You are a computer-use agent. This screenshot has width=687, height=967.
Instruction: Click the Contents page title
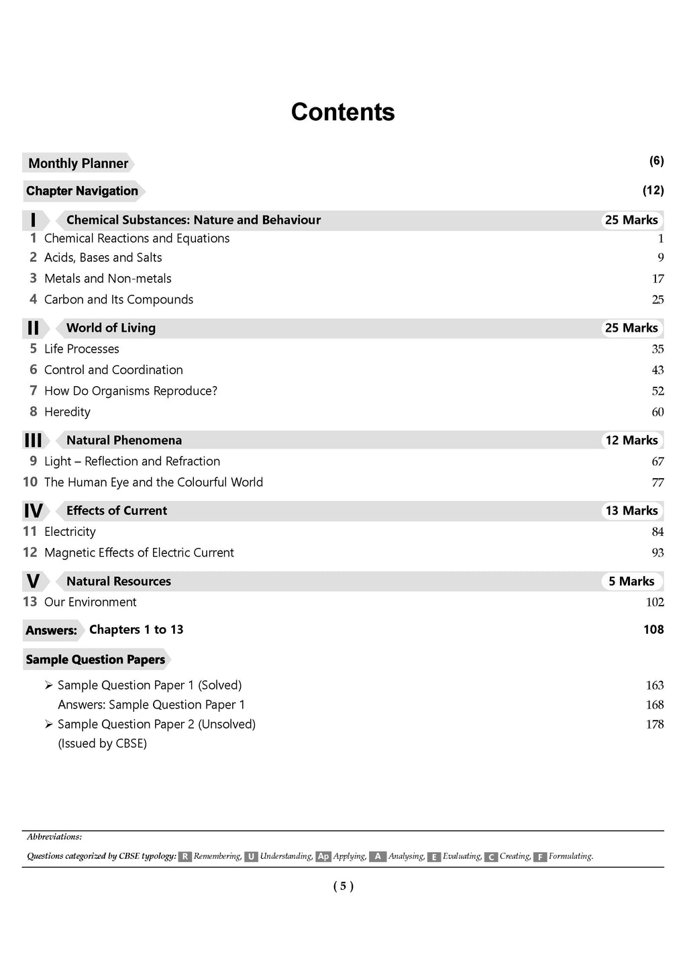[x=343, y=112]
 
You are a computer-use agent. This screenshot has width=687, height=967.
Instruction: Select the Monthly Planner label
[x=78, y=163]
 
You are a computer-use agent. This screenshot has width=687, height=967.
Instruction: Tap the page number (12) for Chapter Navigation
[x=653, y=190]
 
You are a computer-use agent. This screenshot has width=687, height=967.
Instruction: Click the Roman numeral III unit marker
[x=33, y=441]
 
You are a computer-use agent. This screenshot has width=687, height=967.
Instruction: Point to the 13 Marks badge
[x=631, y=511]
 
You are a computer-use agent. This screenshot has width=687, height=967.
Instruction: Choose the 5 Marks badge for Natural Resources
[x=631, y=582]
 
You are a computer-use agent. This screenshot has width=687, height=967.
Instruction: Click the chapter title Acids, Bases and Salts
[x=103, y=258]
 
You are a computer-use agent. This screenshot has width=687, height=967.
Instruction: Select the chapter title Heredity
[x=67, y=412]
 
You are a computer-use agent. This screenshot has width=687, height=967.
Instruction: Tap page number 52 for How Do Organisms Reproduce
[x=657, y=392]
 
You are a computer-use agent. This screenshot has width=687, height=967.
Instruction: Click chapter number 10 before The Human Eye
[x=30, y=482]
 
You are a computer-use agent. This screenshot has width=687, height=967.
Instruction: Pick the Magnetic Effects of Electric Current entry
[x=139, y=553]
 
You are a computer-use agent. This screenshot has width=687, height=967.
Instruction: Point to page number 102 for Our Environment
[x=655, y=602]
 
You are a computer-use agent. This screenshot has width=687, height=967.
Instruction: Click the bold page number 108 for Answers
[x=653, y=630]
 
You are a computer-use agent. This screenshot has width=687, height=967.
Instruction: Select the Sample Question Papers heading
[x=95, y=659]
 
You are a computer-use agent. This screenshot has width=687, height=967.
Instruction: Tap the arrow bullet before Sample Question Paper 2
[x=48, y=724]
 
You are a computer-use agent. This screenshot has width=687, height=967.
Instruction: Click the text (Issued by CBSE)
[x=102, y=743]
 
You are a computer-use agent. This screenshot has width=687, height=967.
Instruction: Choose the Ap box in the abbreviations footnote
[x=323, y=857]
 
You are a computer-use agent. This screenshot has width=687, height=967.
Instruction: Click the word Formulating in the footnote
[x=570, y=856]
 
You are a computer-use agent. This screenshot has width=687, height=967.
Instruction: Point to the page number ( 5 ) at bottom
[x=343, y=886]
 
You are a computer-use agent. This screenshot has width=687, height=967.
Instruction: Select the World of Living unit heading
[x=111, y=328]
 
